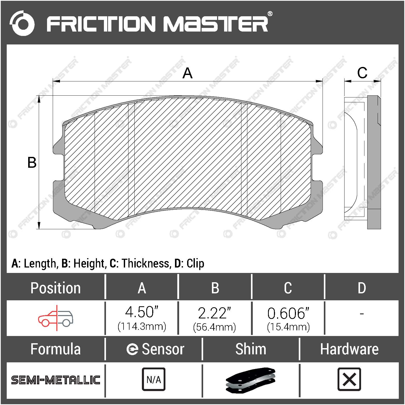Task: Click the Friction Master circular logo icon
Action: coord(22,23)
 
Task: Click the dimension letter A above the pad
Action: coord(187,73)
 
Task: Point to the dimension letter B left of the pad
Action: coord(32,163)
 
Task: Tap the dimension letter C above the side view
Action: coord(362,73)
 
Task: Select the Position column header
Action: coord(56,288)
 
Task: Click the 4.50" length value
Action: coord(142,312)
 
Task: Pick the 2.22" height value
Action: coord(215,313)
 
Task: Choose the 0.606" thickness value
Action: coord(288,314)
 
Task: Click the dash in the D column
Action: coord(362,314)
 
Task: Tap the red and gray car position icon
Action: coord(56,318)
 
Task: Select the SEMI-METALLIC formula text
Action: coord(56,380)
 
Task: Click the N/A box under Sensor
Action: coord(154,379)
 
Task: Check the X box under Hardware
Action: coord(349,379)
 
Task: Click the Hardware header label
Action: coord(349,349)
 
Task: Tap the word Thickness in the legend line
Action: coord(146,263)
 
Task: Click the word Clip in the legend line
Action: coord(195,263)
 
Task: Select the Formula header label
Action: coord(56,349)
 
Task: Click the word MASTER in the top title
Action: coord(216,24)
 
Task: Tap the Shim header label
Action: coord(251,349)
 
